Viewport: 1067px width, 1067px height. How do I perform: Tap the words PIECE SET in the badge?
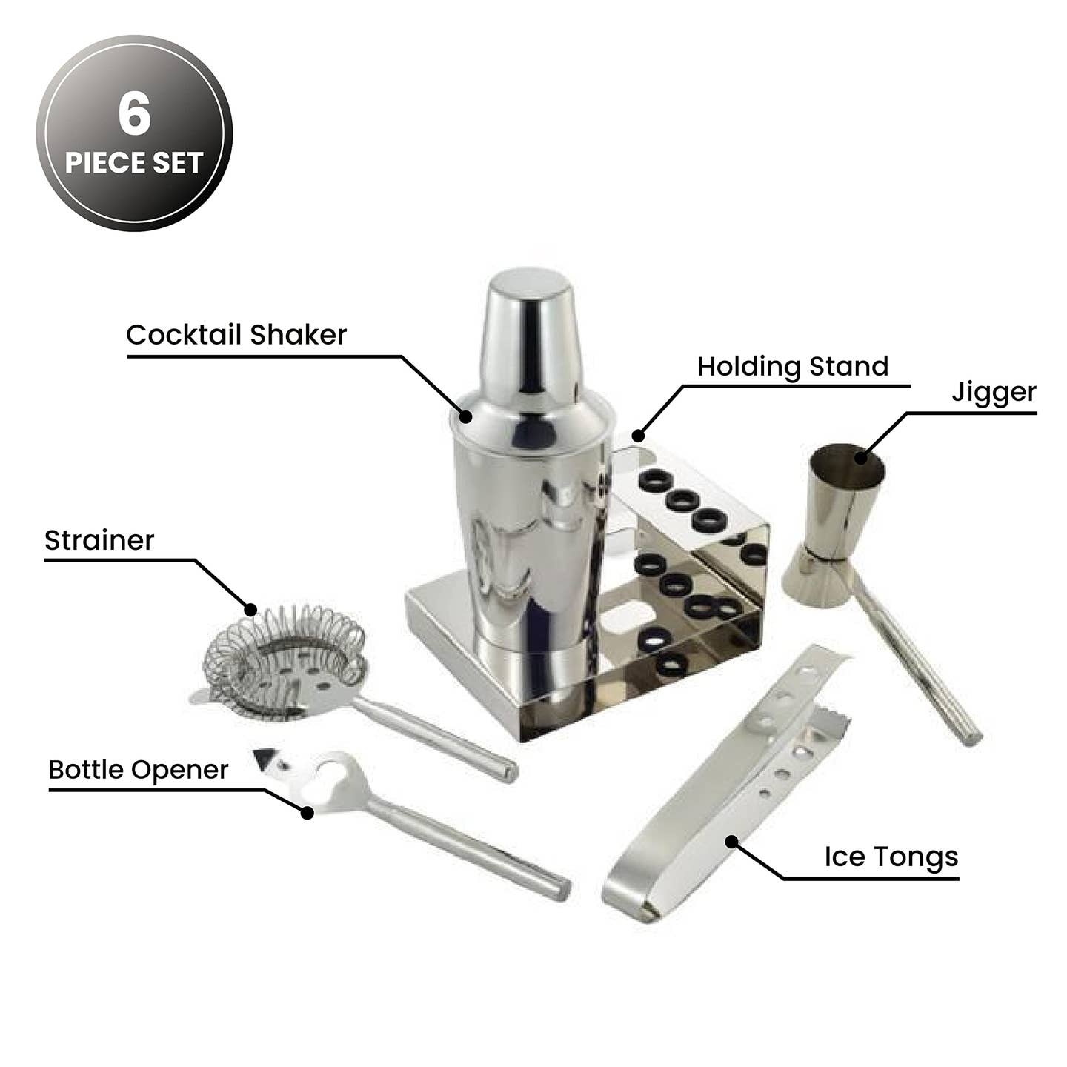134,163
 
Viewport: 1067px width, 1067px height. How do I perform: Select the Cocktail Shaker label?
236,334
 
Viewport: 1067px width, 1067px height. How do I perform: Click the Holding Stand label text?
793,367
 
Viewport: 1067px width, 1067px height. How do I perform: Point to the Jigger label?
994,393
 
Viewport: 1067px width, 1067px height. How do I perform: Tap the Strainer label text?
99,540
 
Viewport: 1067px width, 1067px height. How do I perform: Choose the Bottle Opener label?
139,770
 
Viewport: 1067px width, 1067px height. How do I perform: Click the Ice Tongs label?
891,857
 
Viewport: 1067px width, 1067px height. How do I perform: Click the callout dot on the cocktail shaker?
466,416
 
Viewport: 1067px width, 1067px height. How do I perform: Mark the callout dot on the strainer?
250,610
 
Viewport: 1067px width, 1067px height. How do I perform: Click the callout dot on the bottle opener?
307,812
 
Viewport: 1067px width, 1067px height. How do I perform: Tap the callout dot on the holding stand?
639,435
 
